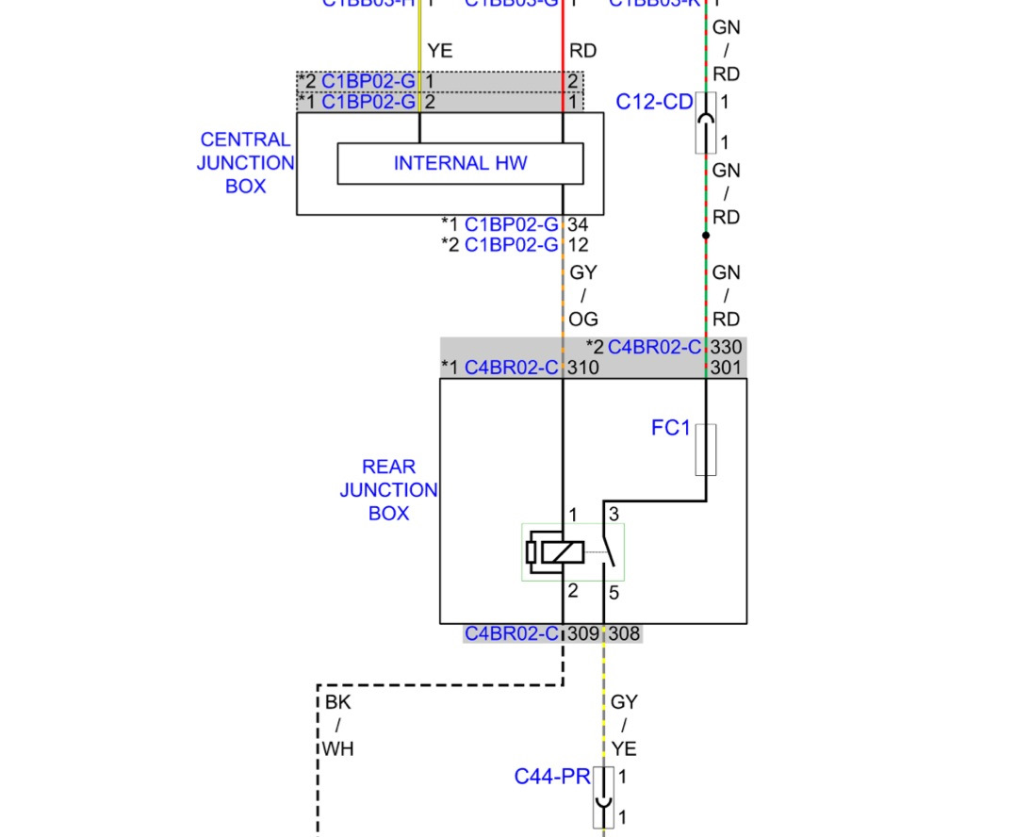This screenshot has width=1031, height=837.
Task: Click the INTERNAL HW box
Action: click(x=460, y=163)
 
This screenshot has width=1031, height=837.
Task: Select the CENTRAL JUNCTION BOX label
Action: click(x=245, y=163)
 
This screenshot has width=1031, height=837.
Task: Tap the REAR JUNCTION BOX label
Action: click(x=388, y=490)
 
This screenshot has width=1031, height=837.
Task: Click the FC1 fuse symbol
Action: click(x=706, y=450)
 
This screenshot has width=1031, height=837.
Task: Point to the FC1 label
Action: click(x=670, y=428)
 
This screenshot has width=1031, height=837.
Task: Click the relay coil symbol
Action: click(x=556, y=552)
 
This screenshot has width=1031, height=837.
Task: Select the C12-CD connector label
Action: click(x=654, y=102)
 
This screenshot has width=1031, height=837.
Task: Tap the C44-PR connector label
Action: click(x=551, y=777)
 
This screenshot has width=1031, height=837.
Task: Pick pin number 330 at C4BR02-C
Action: click(x=726, y=347)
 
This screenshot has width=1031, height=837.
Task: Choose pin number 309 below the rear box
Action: click(x=583, y=634)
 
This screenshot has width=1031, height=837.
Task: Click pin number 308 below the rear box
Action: click(x=624, y=634)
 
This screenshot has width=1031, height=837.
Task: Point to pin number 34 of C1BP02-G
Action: click(x=579, y=224)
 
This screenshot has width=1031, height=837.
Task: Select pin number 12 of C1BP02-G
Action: click(x=579, y=245)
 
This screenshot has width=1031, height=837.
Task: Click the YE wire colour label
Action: click(x=440, y=51)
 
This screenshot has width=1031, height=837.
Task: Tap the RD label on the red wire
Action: click(x=582, y=51)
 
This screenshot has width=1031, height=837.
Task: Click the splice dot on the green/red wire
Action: click(x=706, y=236)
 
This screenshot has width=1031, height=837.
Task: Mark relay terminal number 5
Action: click(x=614, y=594)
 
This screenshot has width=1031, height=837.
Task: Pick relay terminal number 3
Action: click(x=614, y=515)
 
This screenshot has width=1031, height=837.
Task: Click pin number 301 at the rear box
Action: click(x=726, y=368)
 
